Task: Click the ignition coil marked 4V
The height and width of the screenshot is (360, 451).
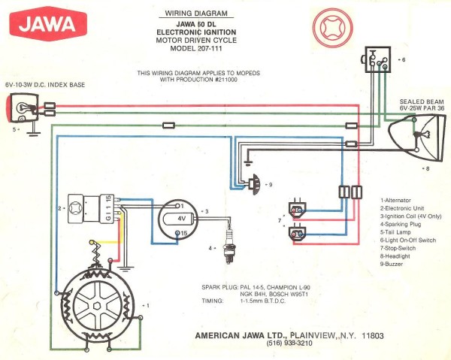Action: (180, 219)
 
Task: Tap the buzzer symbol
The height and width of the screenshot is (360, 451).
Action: (255, 183)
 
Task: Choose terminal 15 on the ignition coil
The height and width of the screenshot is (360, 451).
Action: (181, 234)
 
